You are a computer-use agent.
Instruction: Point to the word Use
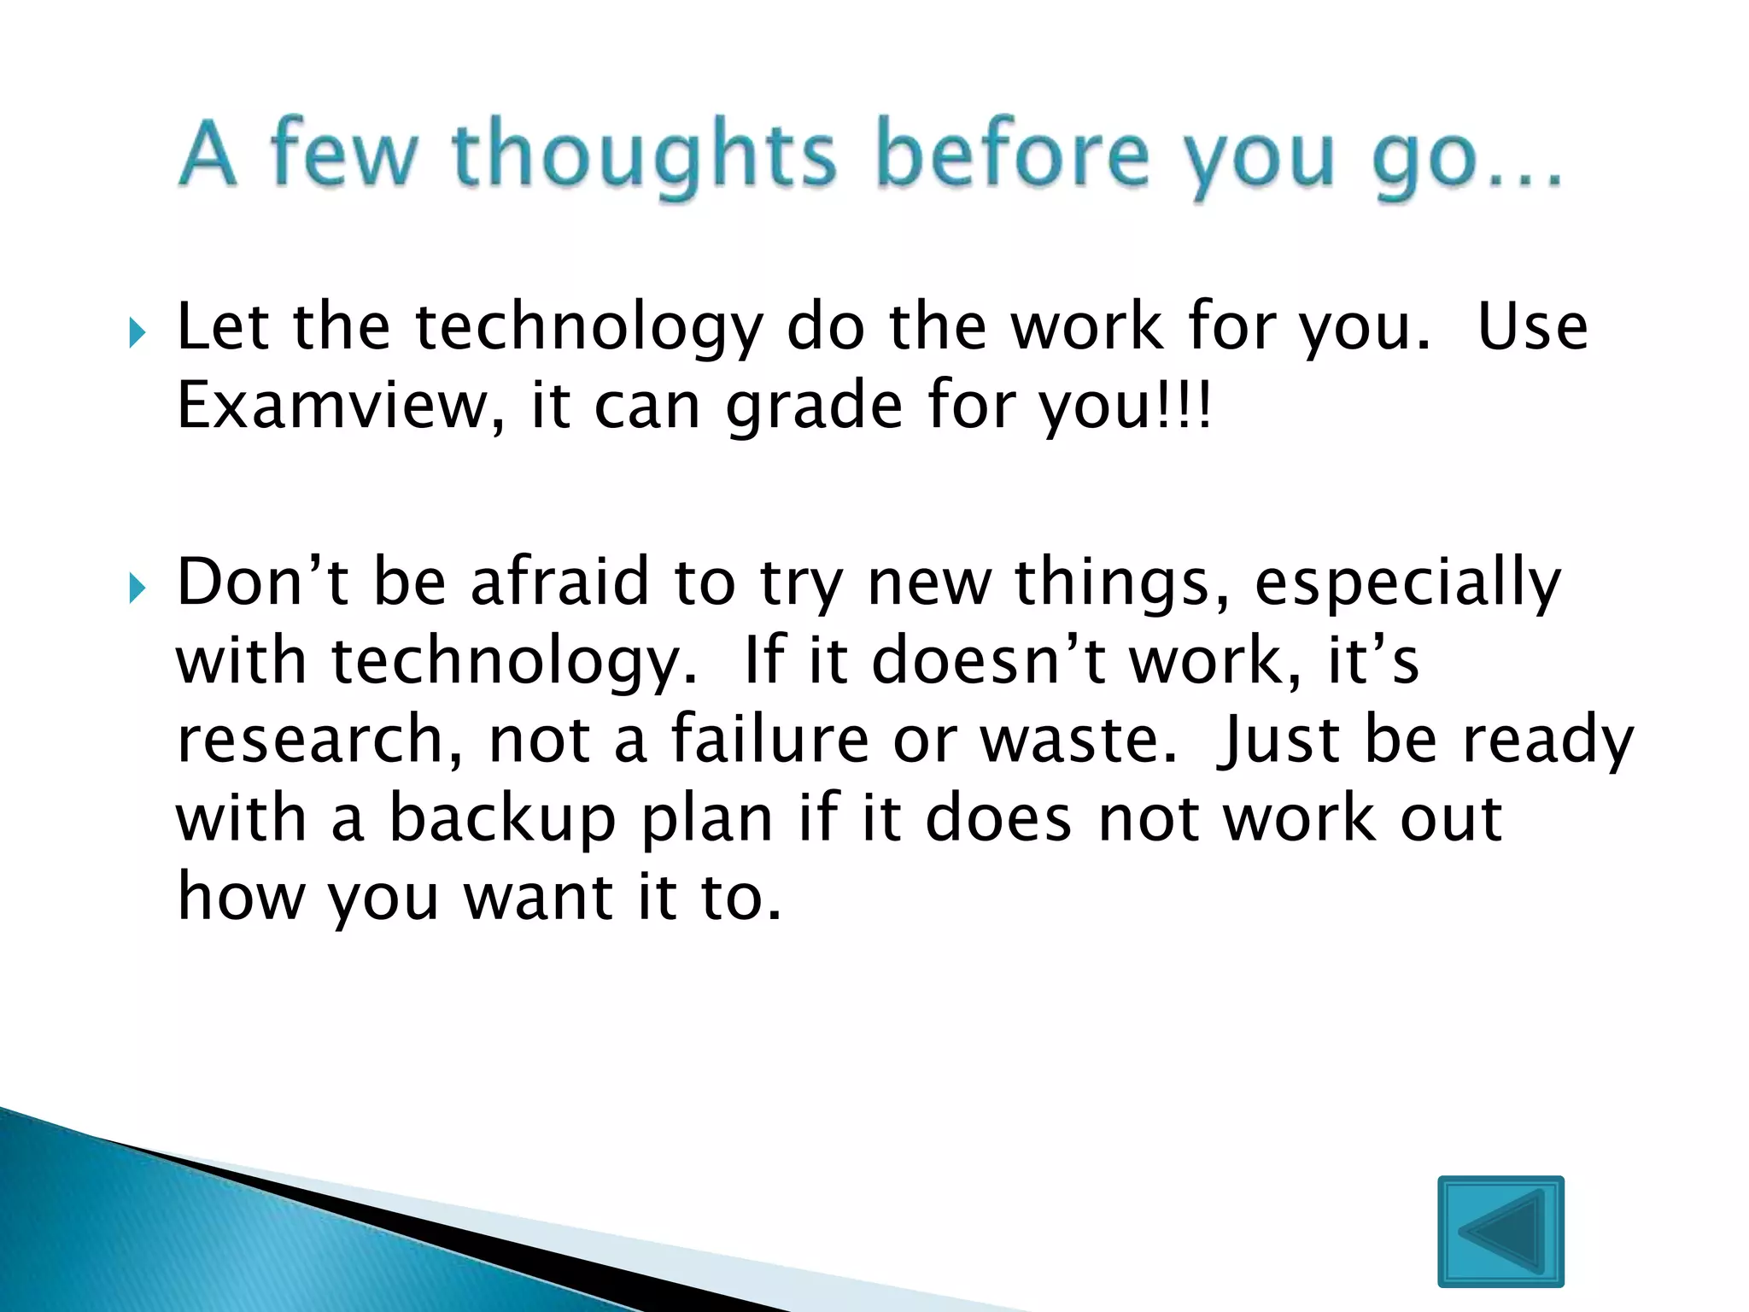[1532, 328]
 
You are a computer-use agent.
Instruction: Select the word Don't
[261, 582]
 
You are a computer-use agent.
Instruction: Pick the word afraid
[560, 582]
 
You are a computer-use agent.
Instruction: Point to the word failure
[769, 740]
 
